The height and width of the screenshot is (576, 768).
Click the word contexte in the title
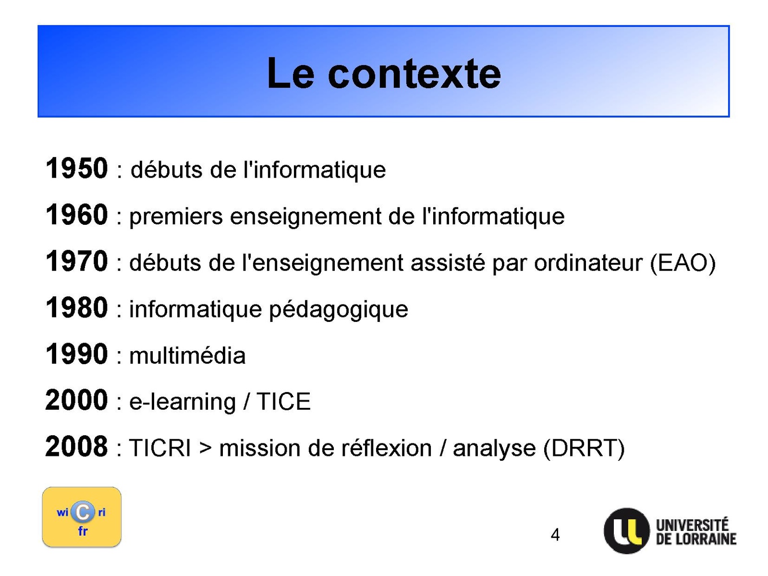click(x=414, y=74)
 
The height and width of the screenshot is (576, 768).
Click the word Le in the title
click(x=291, y=73)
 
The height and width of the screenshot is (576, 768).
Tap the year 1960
click(x=77, y=215)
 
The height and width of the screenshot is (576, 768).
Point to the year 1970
click(x=77, y=261)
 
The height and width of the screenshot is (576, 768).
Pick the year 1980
click(x=77, y=307)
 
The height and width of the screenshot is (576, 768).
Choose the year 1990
click(x=77, y=354)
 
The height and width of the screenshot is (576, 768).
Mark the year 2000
click(x=77, y=400)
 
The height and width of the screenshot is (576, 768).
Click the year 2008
click(x=77, y=446)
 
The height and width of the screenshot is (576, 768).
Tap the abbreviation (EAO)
click(x=683, y=263)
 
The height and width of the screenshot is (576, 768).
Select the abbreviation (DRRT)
click(x=584, y=449)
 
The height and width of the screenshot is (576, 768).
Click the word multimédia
click(x=187, y=355)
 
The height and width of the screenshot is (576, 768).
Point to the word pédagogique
click(x=338, y=310)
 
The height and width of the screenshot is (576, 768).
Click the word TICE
click(x=283, y=402)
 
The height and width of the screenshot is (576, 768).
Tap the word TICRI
click(x=160, y=448)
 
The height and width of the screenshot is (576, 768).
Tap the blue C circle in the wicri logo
click(x=83, y=512)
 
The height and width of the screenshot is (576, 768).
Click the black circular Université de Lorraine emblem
click(x=627, y=531)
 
